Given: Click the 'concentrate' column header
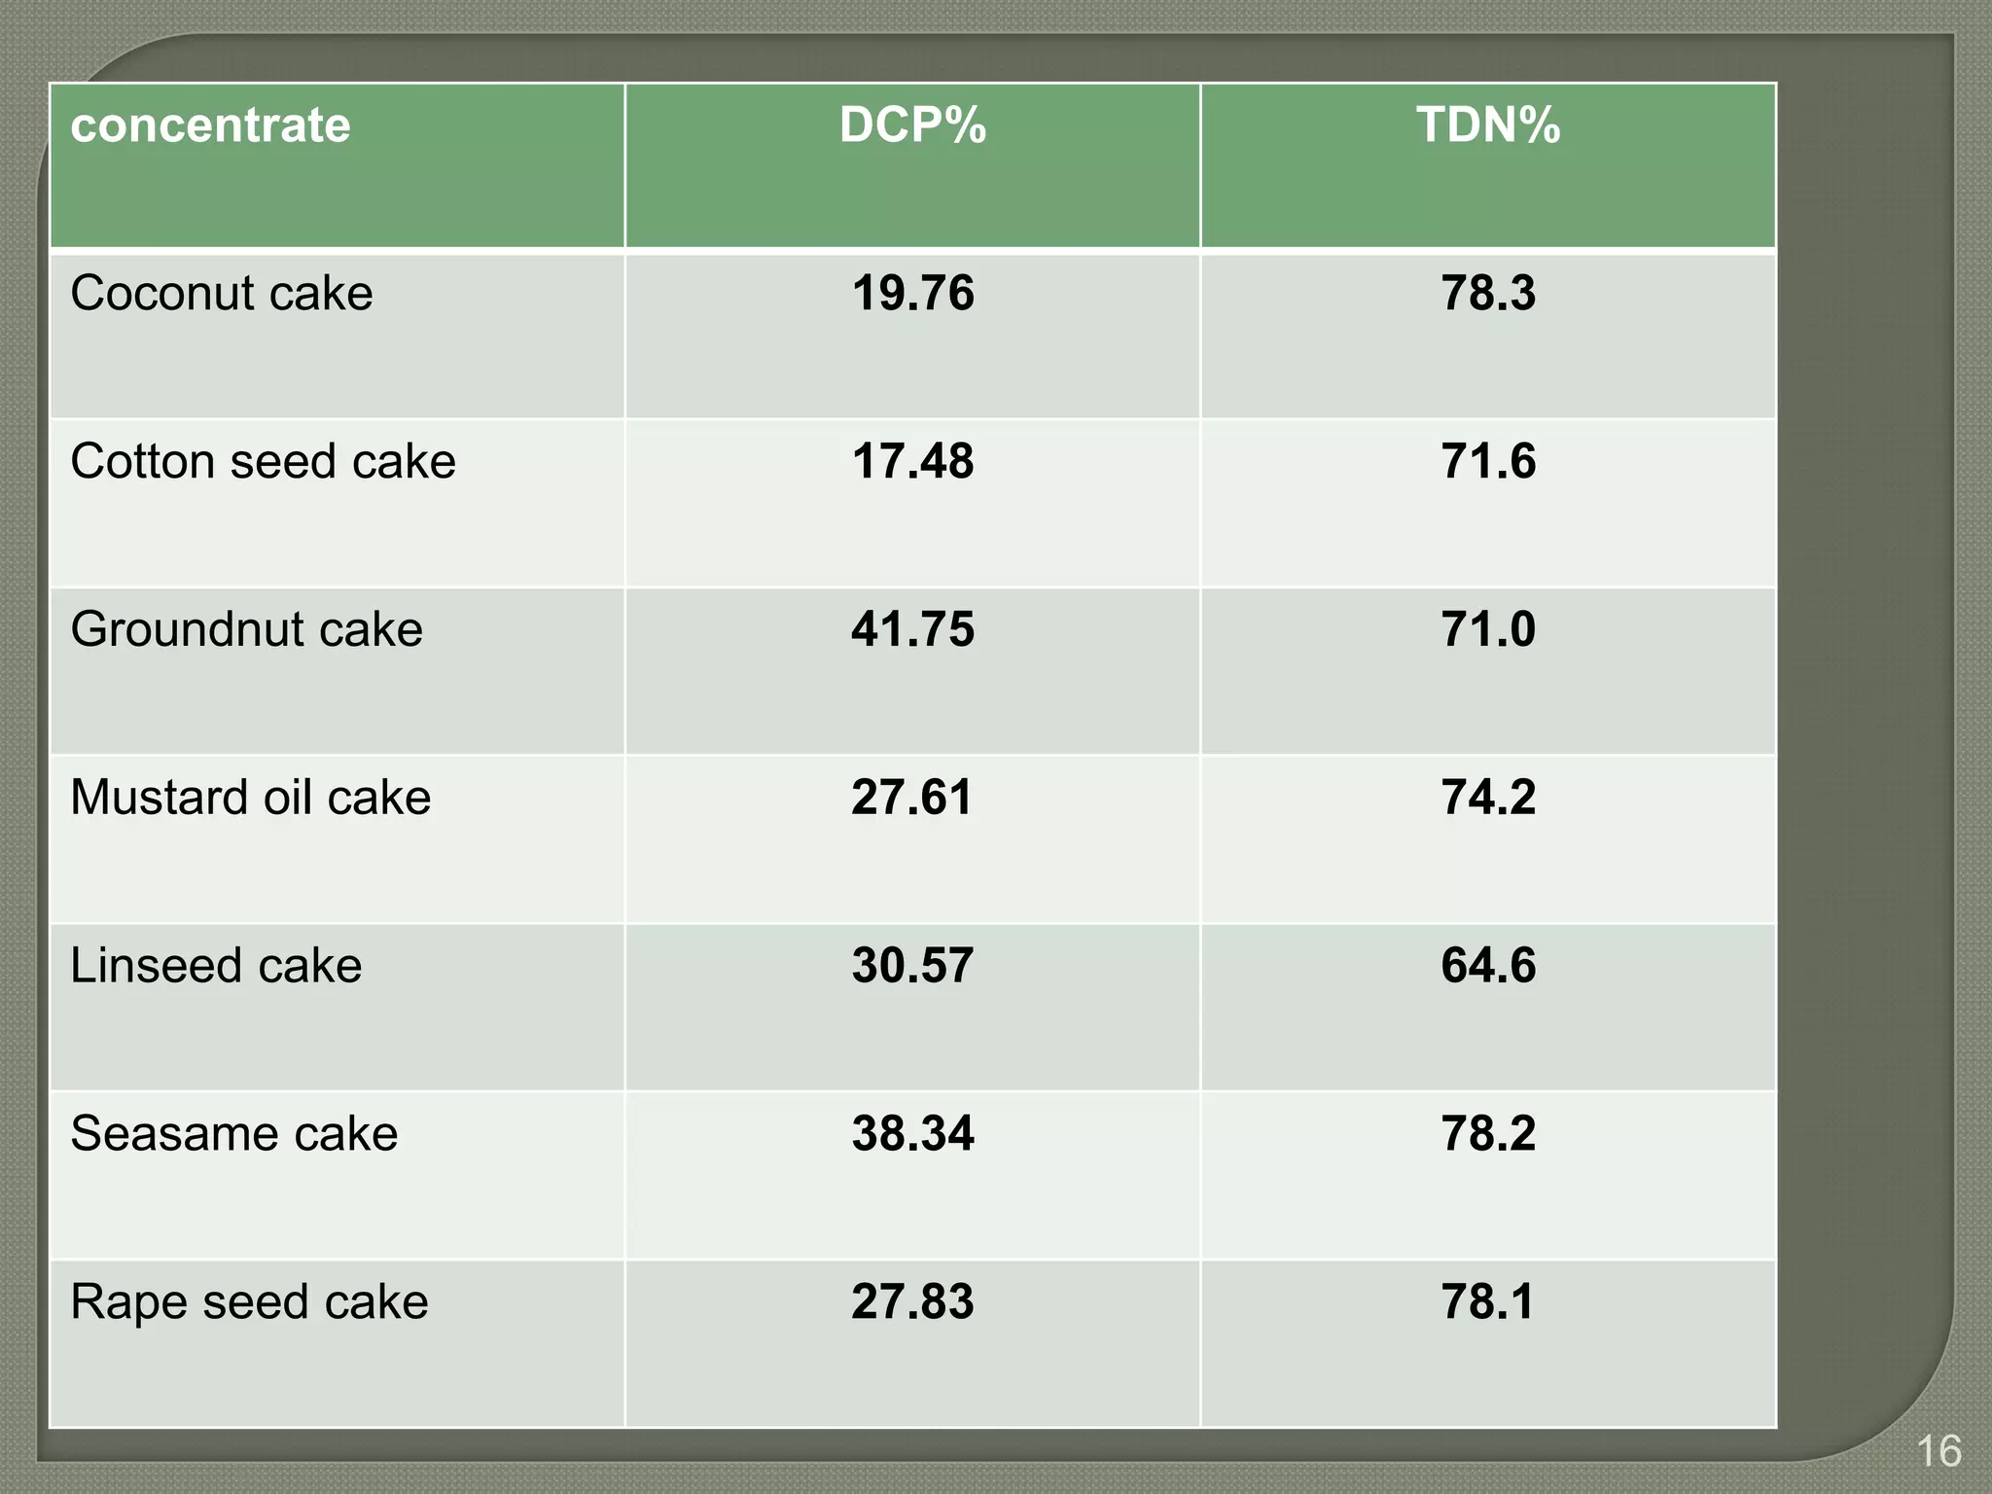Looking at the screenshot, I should pos(210,126).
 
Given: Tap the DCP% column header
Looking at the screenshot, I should pos(912,126).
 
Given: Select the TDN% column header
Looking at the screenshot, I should pos(1488,126).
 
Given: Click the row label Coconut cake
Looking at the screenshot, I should pos(222,294).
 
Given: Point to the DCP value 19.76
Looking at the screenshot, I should pos(912,294).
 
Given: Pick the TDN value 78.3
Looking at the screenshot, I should pos(1488,294).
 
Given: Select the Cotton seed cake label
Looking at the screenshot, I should pos(263,462).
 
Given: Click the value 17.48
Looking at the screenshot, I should pos(912,462).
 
